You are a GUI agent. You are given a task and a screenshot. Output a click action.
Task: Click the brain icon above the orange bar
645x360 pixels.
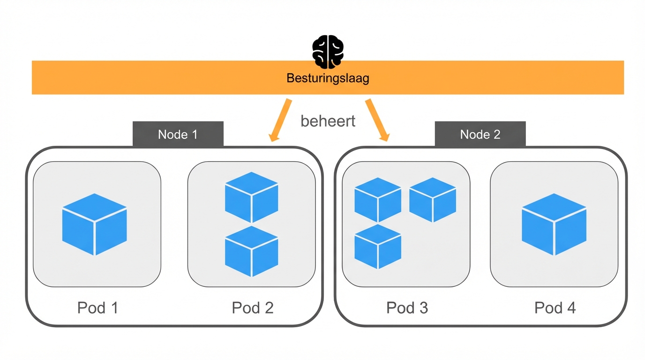pyautogui.click(x=328, y=52)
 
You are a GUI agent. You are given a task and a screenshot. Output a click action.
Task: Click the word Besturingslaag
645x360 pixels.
pyautogui.click(x=328, y=78)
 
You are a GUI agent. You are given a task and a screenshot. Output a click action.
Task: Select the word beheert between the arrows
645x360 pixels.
pyautogui.click(x=328, y=121)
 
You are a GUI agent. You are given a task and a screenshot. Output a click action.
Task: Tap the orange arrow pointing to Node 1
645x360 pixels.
pyautogui.click(x=281, y=120)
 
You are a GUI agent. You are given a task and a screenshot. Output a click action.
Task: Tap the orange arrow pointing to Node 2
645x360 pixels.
pyautogui.click(x=377, y=120)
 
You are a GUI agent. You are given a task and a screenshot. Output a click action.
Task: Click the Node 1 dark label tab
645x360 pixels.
pyautogui.click(x=178, y=135)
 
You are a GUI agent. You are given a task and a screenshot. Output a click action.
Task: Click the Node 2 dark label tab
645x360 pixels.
pyautogui.click(x=480, y=135)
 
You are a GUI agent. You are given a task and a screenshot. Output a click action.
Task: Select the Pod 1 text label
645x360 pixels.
pyautogui.click(x=97, y=308)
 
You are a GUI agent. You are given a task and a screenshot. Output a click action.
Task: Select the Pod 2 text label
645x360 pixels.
pyautogui.click(x=252, y=308)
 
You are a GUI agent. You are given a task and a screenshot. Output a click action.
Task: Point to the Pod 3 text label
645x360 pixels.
pyautogui.click(x=407, y=308)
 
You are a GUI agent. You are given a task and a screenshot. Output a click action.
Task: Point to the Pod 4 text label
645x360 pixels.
pyautogui.click(x=555, y=308)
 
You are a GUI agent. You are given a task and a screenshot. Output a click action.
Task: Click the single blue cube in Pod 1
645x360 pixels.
pyautogui.click(x=95, y=225)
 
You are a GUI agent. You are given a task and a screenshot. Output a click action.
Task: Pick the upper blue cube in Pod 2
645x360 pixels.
pyautogui.click(x=252, y=197)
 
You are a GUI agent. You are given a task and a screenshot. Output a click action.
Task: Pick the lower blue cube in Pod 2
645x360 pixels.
pyautogui.click(x=252, y=251)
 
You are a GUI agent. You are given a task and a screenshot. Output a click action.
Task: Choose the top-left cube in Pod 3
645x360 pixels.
pyautogui.click(x=378, y=200)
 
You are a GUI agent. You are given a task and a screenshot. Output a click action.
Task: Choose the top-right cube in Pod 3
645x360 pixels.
pyautogui.click(x=433, y=200)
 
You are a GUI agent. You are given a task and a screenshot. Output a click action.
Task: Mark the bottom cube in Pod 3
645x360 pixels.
pyautogui.click(x=378, y=246)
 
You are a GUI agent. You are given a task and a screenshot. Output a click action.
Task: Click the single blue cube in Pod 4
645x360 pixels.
pyautogui.click(x=554, y=225)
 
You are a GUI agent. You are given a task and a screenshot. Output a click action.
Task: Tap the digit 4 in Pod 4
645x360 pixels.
pyautogui.click(x=571, y=308)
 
